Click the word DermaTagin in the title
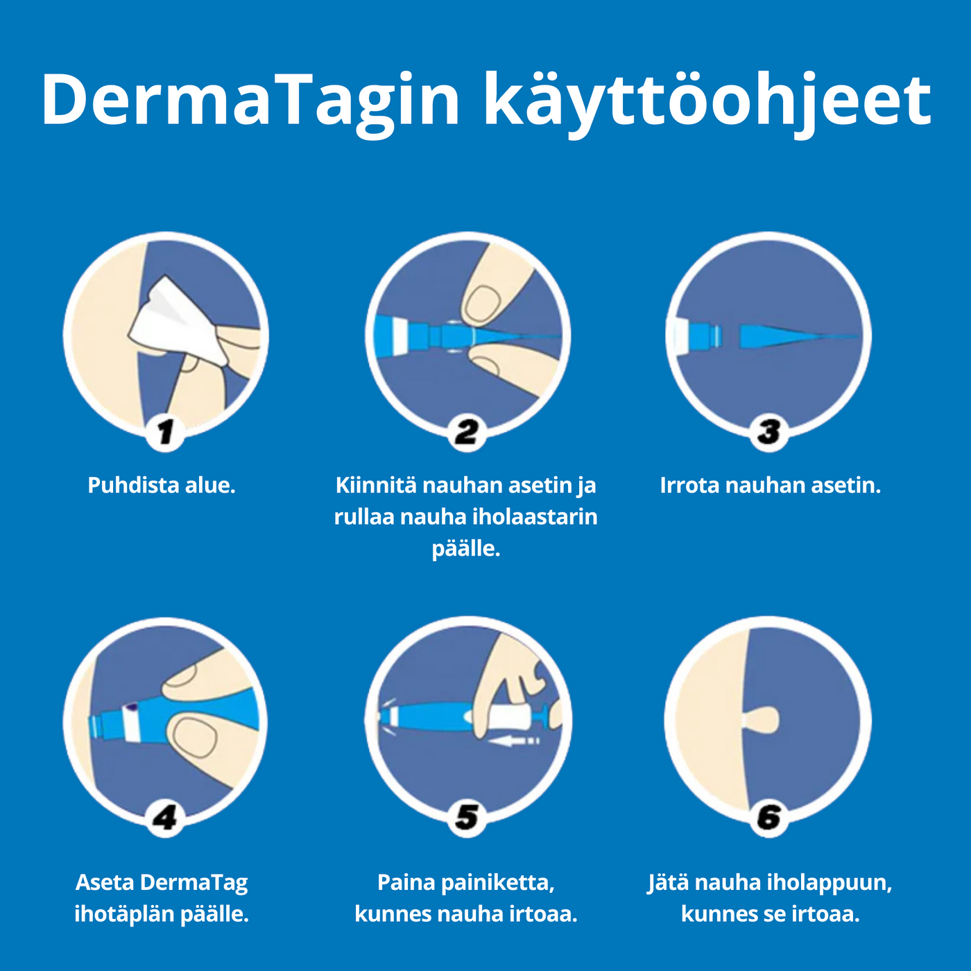pyautogui.click(x=250, y=99)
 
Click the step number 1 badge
pyautogui.click(x=165, y=432)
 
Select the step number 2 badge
pyautogui.click(x=467, y=432)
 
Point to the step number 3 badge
pyautogui.click(x=768, y=432)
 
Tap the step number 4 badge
pyautogui.click(x=165, y=818)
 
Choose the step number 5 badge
pyautogui.click(x=467, y=818)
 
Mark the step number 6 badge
pyautogui.click(x=768, y=818)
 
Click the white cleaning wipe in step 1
pyautogui.click(x=178, y=323)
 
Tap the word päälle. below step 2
pyautogui.click(x=465, y=549)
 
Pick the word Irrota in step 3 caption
pyautogui.click(x=689, y=486)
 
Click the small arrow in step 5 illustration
pyautogui.click(x=513, y=741)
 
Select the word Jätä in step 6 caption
pyautogui.click(x=668, y=883)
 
